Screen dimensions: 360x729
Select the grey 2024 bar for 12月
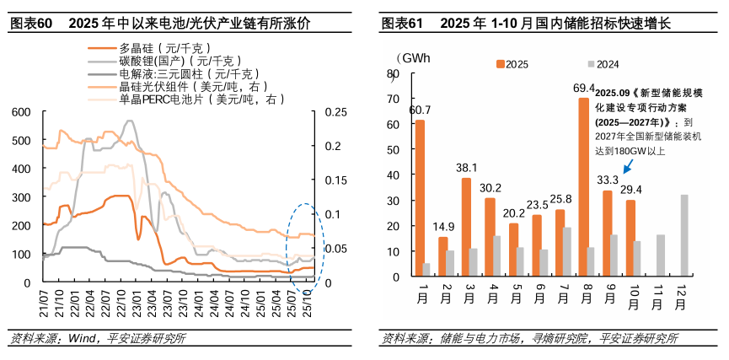click(x=684, y=238)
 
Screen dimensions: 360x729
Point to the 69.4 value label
click(x=584, y=88)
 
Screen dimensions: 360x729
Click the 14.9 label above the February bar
click(x=443, y=227)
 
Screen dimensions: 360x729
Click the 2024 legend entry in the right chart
click(x=607, y=63)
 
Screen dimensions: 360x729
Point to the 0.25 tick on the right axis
click(x=335, y=111)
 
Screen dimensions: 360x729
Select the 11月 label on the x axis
click(x=660, y=295)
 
